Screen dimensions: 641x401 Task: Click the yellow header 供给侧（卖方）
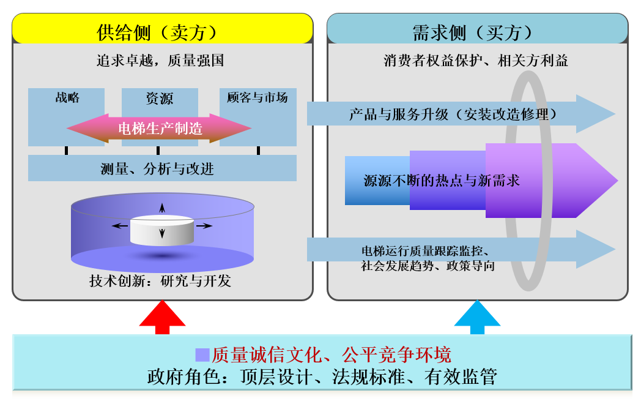[x=162, y=29]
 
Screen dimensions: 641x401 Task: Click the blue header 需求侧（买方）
[x=478, y=29]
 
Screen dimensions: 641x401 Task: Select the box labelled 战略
[x=66, y=117]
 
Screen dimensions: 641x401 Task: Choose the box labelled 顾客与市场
[x=258, y=117]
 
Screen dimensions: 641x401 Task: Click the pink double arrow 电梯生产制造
[x=159, y=129]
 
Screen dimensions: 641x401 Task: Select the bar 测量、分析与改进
[x=162, y=168]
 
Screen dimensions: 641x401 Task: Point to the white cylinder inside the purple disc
[x=162, y=230]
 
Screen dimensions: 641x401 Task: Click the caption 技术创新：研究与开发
[x=160, y=280]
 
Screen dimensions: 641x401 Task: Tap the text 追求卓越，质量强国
[x=160, y=61]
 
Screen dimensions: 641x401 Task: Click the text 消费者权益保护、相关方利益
[x=476, y=61]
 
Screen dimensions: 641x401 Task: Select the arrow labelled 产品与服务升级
[x=461, y=114]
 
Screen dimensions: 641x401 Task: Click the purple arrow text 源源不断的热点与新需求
[x=442, y=181]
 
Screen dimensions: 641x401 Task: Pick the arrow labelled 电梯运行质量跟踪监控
[x=461, y=249]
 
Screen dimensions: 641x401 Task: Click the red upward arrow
[x=162, y=317]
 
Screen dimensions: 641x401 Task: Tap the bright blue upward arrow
[x=477, y=317]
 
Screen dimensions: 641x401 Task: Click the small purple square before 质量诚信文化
[x=202, y=354]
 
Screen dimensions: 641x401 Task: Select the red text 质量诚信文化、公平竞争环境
[x=332, y=354]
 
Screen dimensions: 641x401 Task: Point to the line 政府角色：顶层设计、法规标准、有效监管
[x=322, y=377]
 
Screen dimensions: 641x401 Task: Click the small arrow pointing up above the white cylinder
[x=162, y=208]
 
